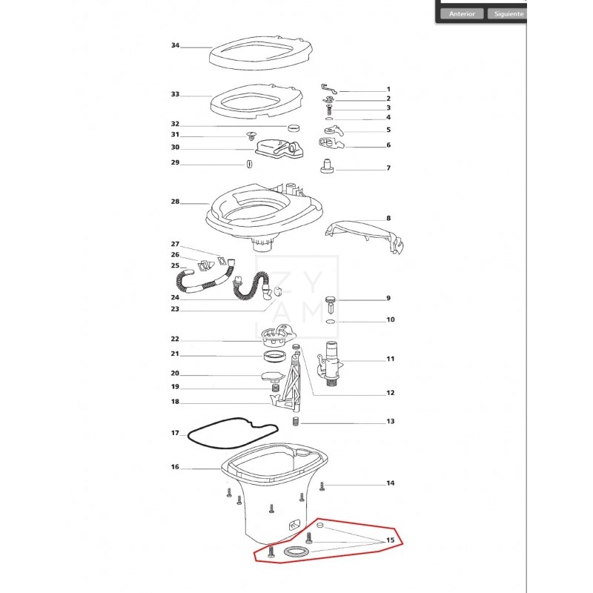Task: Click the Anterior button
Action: (462, 13)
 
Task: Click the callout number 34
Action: (175, 45)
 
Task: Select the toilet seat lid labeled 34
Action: (261, 53)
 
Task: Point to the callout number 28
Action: (175, 202)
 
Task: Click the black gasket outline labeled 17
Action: (233, 433)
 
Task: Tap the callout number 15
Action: (391, 540)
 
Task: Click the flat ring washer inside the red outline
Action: (296, 551)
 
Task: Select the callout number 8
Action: (388, 218)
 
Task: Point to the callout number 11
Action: (391, 359)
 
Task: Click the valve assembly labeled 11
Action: (330, 364)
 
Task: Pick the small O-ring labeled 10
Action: (330, 322)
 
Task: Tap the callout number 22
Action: (175, 339)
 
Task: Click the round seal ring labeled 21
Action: (274, 357)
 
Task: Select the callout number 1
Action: (388, 89)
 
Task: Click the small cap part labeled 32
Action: (293, 127)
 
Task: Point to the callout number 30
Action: (175, 147)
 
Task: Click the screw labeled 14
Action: (322, 486)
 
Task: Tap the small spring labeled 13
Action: (296, 421)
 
